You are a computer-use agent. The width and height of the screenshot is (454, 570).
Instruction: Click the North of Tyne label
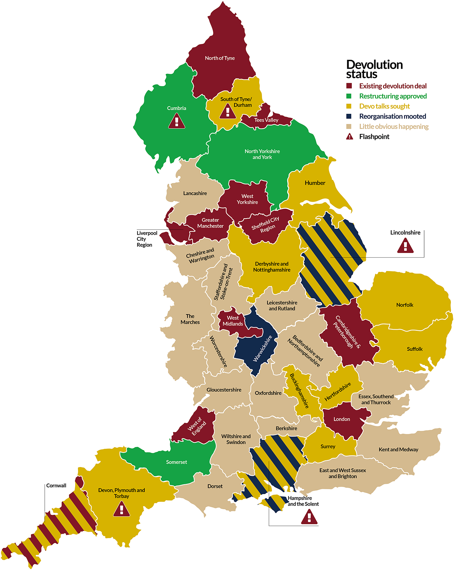pyautogui.click(x=220, y=58)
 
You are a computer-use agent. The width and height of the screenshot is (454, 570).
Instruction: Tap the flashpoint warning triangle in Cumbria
pyautogui.click(x=177, y=121)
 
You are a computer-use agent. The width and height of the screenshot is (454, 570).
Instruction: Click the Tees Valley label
pyautogui.click(x=266, y=120)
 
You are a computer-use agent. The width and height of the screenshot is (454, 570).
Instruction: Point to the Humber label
pyautogui.click(x=315, y=183)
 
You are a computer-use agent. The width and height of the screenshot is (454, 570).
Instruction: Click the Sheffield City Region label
pyautogui.click(x=266, y=224)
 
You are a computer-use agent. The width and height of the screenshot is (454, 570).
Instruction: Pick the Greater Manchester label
pyautogui.click(x=210, y=223)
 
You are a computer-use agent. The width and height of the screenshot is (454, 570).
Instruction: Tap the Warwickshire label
pyautogui.click(x=263, y=348)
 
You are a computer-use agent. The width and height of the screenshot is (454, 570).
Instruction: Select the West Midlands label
pyautogui.click(x=233, y=320)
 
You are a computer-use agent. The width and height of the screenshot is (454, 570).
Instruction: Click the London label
pyautogui.click(x=342, y=419)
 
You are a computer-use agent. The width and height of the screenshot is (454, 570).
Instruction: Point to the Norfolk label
pyautogui.click(x=405, y=305)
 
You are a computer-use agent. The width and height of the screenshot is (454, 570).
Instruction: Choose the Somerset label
pyautogui.click(x=177, y=462)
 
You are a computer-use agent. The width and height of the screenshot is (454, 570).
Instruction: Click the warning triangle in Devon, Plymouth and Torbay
pyautogui.click(x=121, y=509)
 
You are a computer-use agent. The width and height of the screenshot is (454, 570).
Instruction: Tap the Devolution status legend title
pyautogui.click(x=374, y=69)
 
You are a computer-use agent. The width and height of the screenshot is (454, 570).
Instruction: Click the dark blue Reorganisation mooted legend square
pyautogui.click(x=349, y=116)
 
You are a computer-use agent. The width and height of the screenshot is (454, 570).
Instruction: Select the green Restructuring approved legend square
pyautogui.click(x=349, y=96)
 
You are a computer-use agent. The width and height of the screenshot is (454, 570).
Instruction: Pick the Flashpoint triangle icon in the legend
pyautogui.click(x=349, y=137)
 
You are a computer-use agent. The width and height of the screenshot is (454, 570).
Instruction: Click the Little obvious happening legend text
pyautogui.click(x=394, y=127)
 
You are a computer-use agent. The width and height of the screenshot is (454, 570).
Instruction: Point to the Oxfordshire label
pyautogui.click(x=268, y=393)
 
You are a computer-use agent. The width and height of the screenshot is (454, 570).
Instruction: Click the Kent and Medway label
pyautogui.click(x=399, y=449)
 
